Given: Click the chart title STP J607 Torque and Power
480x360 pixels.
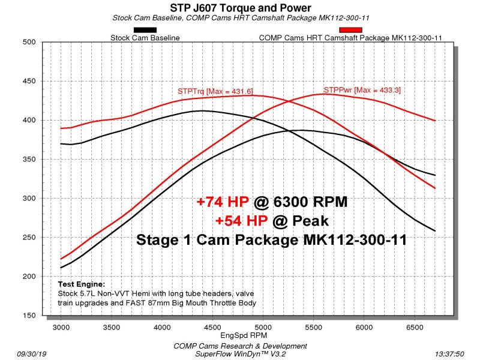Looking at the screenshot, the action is click(x=241, y=8).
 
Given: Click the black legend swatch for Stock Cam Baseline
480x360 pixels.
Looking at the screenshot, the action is click(x=145, y=30).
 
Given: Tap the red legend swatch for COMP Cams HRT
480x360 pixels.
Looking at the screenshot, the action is click(x=350, y=30).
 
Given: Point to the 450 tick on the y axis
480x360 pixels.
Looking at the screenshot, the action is click(x=29, y=81).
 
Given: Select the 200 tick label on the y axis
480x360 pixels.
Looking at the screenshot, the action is click(x=29, y=277).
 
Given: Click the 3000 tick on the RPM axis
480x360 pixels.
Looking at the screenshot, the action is click(x=61, y=327).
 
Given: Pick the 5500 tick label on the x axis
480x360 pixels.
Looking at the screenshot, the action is click(x=313, y=327).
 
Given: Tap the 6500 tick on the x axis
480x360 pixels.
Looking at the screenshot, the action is click(x=415, y=327).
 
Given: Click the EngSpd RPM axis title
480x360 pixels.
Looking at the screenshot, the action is click(x=244, y=335).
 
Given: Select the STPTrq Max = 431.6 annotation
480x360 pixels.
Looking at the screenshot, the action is click(x=215, y=91).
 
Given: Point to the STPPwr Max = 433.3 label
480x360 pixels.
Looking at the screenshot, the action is click(x=362, y=90).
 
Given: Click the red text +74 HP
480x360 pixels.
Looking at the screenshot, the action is click(x=223, y=202).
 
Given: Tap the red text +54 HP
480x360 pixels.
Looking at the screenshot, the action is click(x=242, y=221).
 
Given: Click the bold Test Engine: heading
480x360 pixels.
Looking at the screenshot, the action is click(x=82, y=284).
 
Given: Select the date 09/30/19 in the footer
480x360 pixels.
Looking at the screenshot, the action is click(x=32, y=354).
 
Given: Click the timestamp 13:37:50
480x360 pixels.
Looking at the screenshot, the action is click(x=449, y=354).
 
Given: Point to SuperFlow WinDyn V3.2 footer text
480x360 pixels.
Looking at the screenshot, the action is click(x=241, y=354).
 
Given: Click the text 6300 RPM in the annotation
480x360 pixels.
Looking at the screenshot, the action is click(x=310, y=202).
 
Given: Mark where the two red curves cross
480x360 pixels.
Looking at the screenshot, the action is click(x=289, y=101).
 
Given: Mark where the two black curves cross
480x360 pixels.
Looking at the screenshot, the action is click(x=289, y=131).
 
